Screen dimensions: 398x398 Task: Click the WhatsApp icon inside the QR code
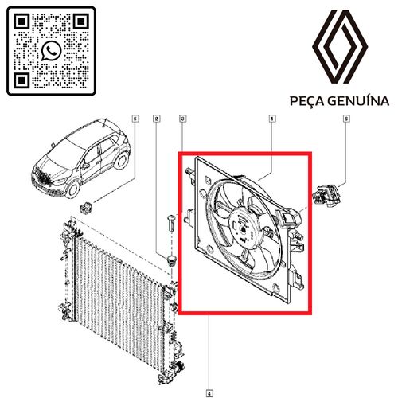pyautogui.click(x=51, y=51)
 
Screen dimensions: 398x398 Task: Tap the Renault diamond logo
pyautogui.click(x=340, y=47)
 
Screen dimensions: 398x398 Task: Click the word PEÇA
pyautogui.click(x=307, y=101)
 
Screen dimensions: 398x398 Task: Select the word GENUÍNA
pyautogui.click(x=358, y=101)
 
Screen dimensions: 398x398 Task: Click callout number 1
pyautogui.click(x=272, y=119)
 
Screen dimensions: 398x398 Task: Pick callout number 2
pyautogui.click(x=157, y=119)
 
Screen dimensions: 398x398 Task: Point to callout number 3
pyautogui.click(x=182, y=119)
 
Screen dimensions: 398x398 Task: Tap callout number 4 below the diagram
pyautogui.click(x=209, y=393)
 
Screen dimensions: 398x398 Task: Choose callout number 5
pyautogui.click(x=135, y=119)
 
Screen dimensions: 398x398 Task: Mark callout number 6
pyautogui.click(x=346, y=119)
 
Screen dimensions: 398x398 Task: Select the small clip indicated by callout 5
pyautogui.click(x=86, y=207)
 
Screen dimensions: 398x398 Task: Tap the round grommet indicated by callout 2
pyautogui.click(x=171, y=260)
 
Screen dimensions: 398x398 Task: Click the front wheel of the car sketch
pyautogui.click(x=72, y=189)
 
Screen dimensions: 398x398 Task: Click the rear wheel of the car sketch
pyautogui.click(x=122, y=160)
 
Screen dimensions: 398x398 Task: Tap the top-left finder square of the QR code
pyautogui.click(x=21, y=21)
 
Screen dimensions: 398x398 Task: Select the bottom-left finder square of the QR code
pyautogui.click(x=21, y=80)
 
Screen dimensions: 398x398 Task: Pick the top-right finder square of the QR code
pyautogui.click(x=80, y=21)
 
